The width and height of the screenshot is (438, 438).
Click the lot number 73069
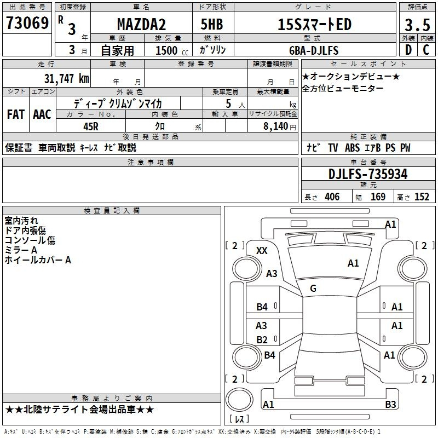point(27,24)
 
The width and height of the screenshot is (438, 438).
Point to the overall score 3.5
point(416,25)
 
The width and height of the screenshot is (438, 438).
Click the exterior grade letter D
point(407,50)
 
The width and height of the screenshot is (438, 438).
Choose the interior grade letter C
point(425,50)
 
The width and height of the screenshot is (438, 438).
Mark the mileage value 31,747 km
point(66,78)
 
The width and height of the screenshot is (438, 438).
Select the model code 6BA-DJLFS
point(314,50)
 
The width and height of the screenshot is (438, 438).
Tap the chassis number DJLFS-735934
point(368,174)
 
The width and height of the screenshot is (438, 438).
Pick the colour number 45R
point(90,125)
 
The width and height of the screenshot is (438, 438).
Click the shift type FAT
point(15,114)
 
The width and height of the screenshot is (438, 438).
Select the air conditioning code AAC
point(42,114)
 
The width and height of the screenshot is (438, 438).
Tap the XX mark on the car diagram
point(262,250)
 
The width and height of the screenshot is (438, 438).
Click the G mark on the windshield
point(313,289)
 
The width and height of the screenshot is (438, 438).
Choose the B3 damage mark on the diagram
point(390,405)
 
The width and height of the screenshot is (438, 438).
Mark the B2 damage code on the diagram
point(262,339)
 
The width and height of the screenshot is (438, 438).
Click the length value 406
point(332,197)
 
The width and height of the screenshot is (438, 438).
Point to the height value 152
point(422,197)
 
